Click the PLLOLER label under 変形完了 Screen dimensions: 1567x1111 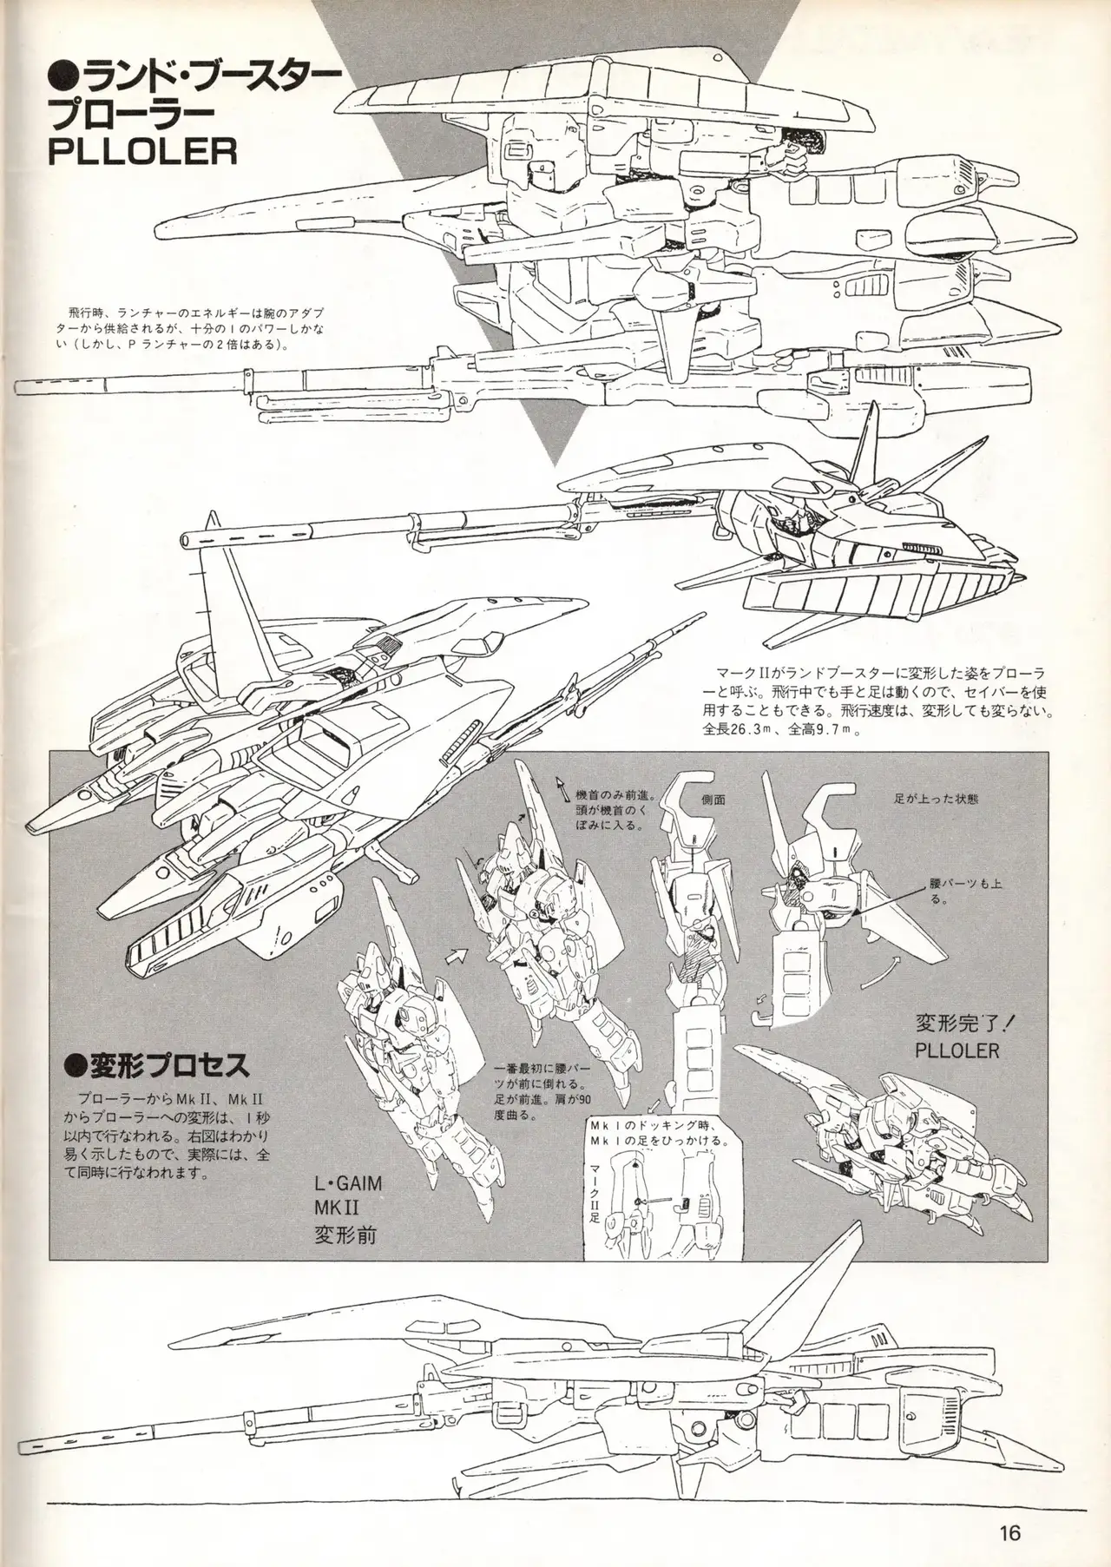point(957,1050)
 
